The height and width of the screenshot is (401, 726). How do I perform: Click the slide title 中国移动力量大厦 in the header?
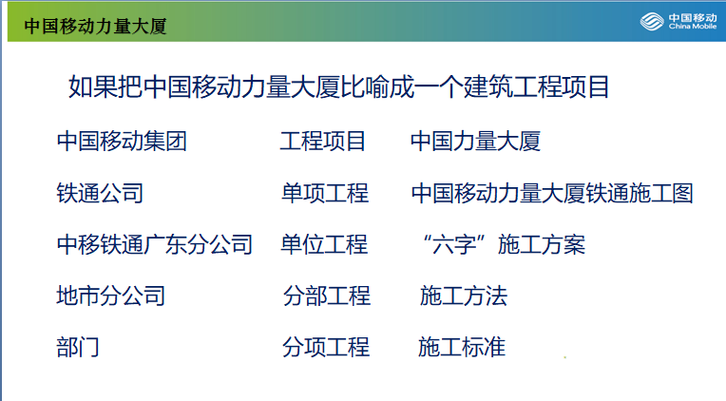(x=95, y=26)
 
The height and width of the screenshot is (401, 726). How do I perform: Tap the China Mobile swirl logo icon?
(x=652, y=21)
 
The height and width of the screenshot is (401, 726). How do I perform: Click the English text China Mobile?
(x=693, y=27)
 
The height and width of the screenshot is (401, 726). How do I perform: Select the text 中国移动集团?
(x=122, y=142)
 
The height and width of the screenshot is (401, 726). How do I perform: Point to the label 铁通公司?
(x=100, y=193)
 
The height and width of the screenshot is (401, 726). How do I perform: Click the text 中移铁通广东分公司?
(x=155, y=244)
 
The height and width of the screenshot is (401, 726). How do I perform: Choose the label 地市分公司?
(x=110, y=296)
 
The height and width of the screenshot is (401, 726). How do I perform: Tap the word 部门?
(x=78, y=347)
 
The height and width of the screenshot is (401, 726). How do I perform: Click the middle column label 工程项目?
(x=323, y=142)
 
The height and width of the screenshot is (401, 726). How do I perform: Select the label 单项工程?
(x=325, y=193)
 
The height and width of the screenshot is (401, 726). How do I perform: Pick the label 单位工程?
(x=324, y=244)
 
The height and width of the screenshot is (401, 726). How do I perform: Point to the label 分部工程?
(x=327, y=296)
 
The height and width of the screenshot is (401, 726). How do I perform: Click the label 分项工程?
(x=326, y=347)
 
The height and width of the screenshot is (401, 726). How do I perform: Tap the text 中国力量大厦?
(x=475, y=142)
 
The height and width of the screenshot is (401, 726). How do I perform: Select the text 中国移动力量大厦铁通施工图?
(x=552, y=193)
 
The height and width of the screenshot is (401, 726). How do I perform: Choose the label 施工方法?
(x=464, y=296)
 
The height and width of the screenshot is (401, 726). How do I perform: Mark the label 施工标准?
(x=462, y=347)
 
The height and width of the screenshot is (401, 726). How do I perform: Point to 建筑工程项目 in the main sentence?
(x=536, y=86)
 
